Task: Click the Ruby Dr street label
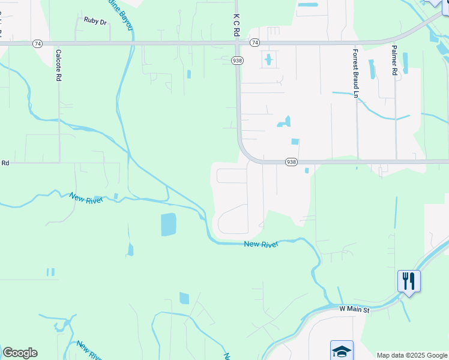(95, 20)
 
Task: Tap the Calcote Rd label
(59, 65)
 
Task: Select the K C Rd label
(237, 26)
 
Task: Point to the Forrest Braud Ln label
(355, 73)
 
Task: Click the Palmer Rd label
(394, 60)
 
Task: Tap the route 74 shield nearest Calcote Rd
(38, 43)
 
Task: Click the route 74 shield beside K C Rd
(255, 43)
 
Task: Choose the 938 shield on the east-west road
(291, 162)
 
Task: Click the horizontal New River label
(261, 245)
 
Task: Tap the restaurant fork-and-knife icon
(408, 281)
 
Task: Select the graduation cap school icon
(342, 350)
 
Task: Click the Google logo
(20, 353)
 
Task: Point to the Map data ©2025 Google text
(412, 355)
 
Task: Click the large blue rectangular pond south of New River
(169, 224)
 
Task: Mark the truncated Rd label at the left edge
(5, 163)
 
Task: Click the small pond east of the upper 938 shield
(268, 60)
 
